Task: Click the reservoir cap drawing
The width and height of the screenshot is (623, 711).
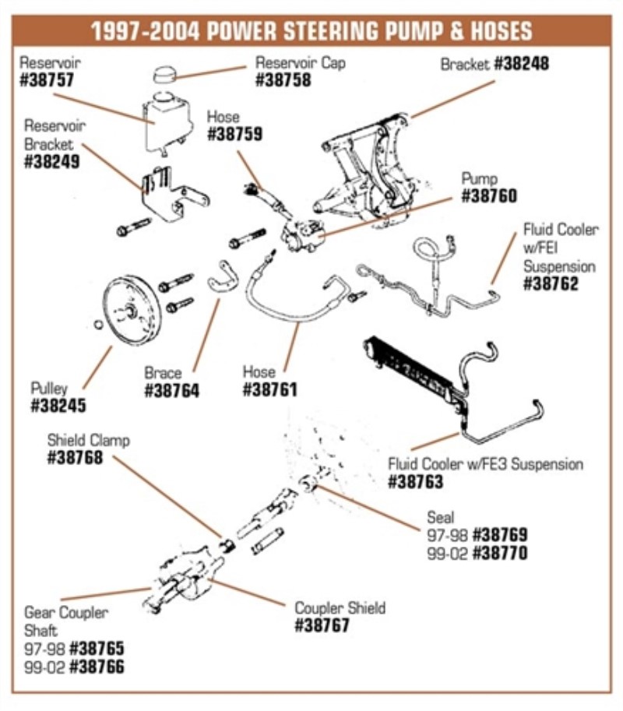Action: coord(164,75)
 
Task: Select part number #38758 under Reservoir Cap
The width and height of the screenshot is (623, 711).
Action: coord(283,79)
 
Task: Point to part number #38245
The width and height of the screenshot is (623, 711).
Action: coord(58,406)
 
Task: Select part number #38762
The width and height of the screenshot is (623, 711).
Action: coord(551,283)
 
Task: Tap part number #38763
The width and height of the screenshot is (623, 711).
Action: coord(416,482)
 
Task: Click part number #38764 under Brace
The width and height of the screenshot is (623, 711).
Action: coord(171,390)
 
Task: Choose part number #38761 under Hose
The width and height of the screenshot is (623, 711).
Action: coord(269,390)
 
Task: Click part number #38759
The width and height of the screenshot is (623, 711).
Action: coord(234,134)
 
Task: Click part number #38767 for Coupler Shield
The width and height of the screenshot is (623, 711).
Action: coord(322,625)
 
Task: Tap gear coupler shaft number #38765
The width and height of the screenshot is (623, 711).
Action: coord(96,649)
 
